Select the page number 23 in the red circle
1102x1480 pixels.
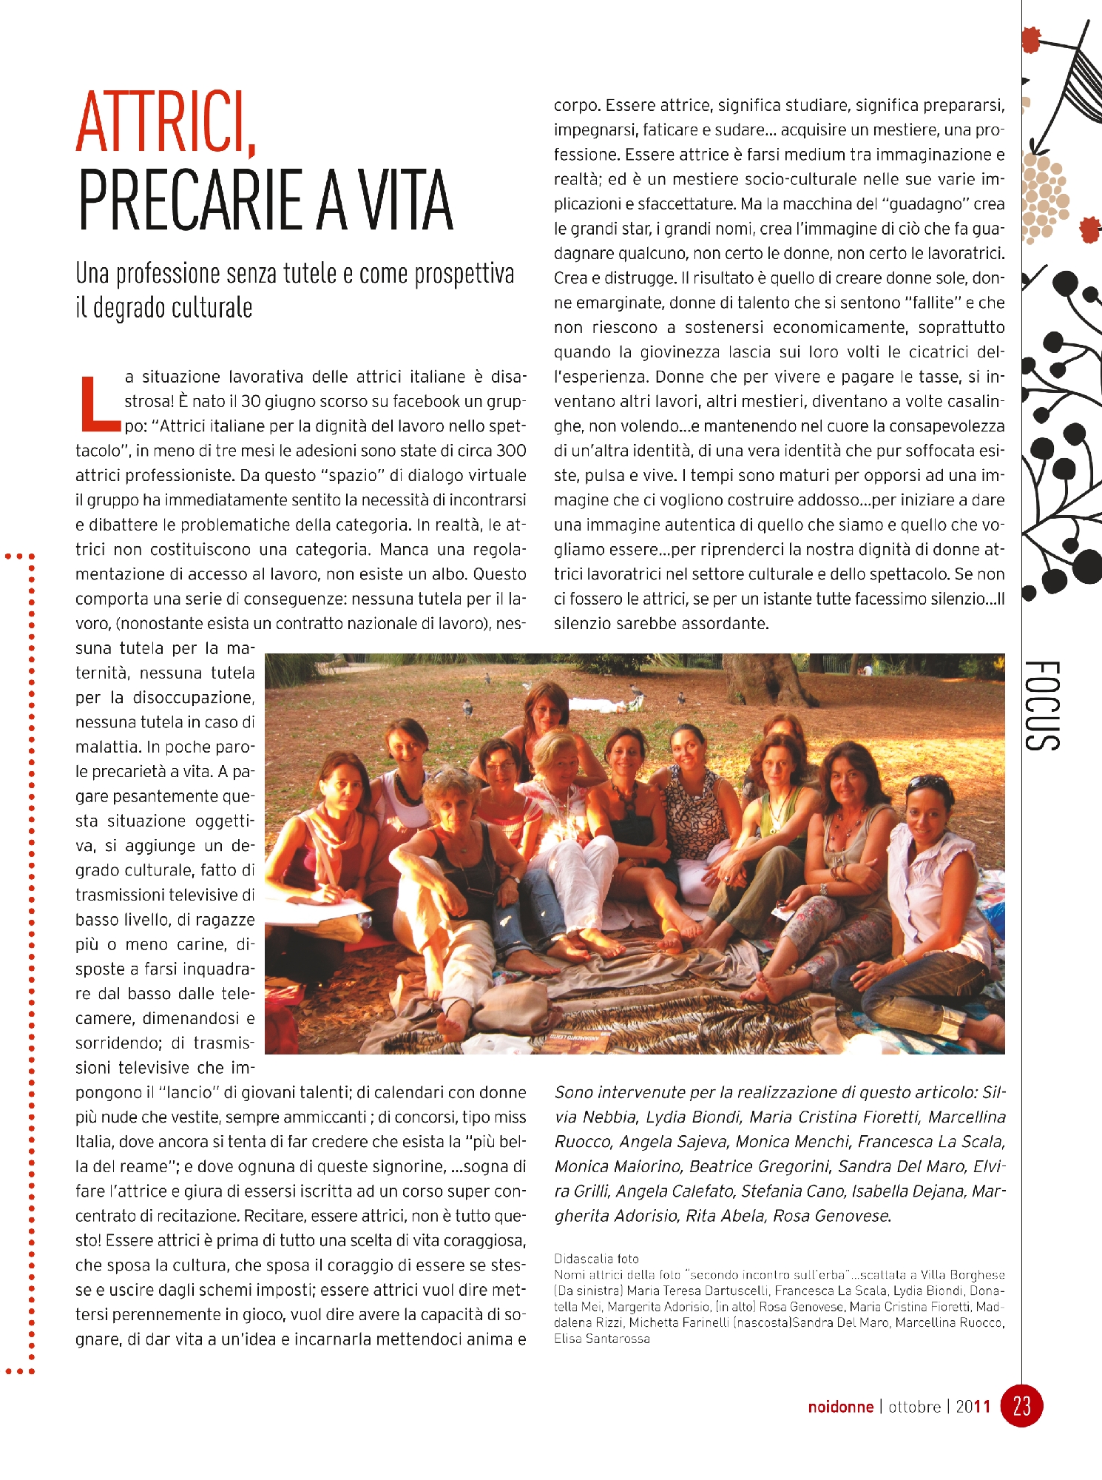click(x=1021, y=1405)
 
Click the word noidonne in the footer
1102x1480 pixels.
click(x=840, y=1407)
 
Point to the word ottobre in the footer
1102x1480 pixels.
click(x=914, y=1407)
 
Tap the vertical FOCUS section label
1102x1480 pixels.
click(x=1043, y=706)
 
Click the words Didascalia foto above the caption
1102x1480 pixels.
click(x=596, y=1259)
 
